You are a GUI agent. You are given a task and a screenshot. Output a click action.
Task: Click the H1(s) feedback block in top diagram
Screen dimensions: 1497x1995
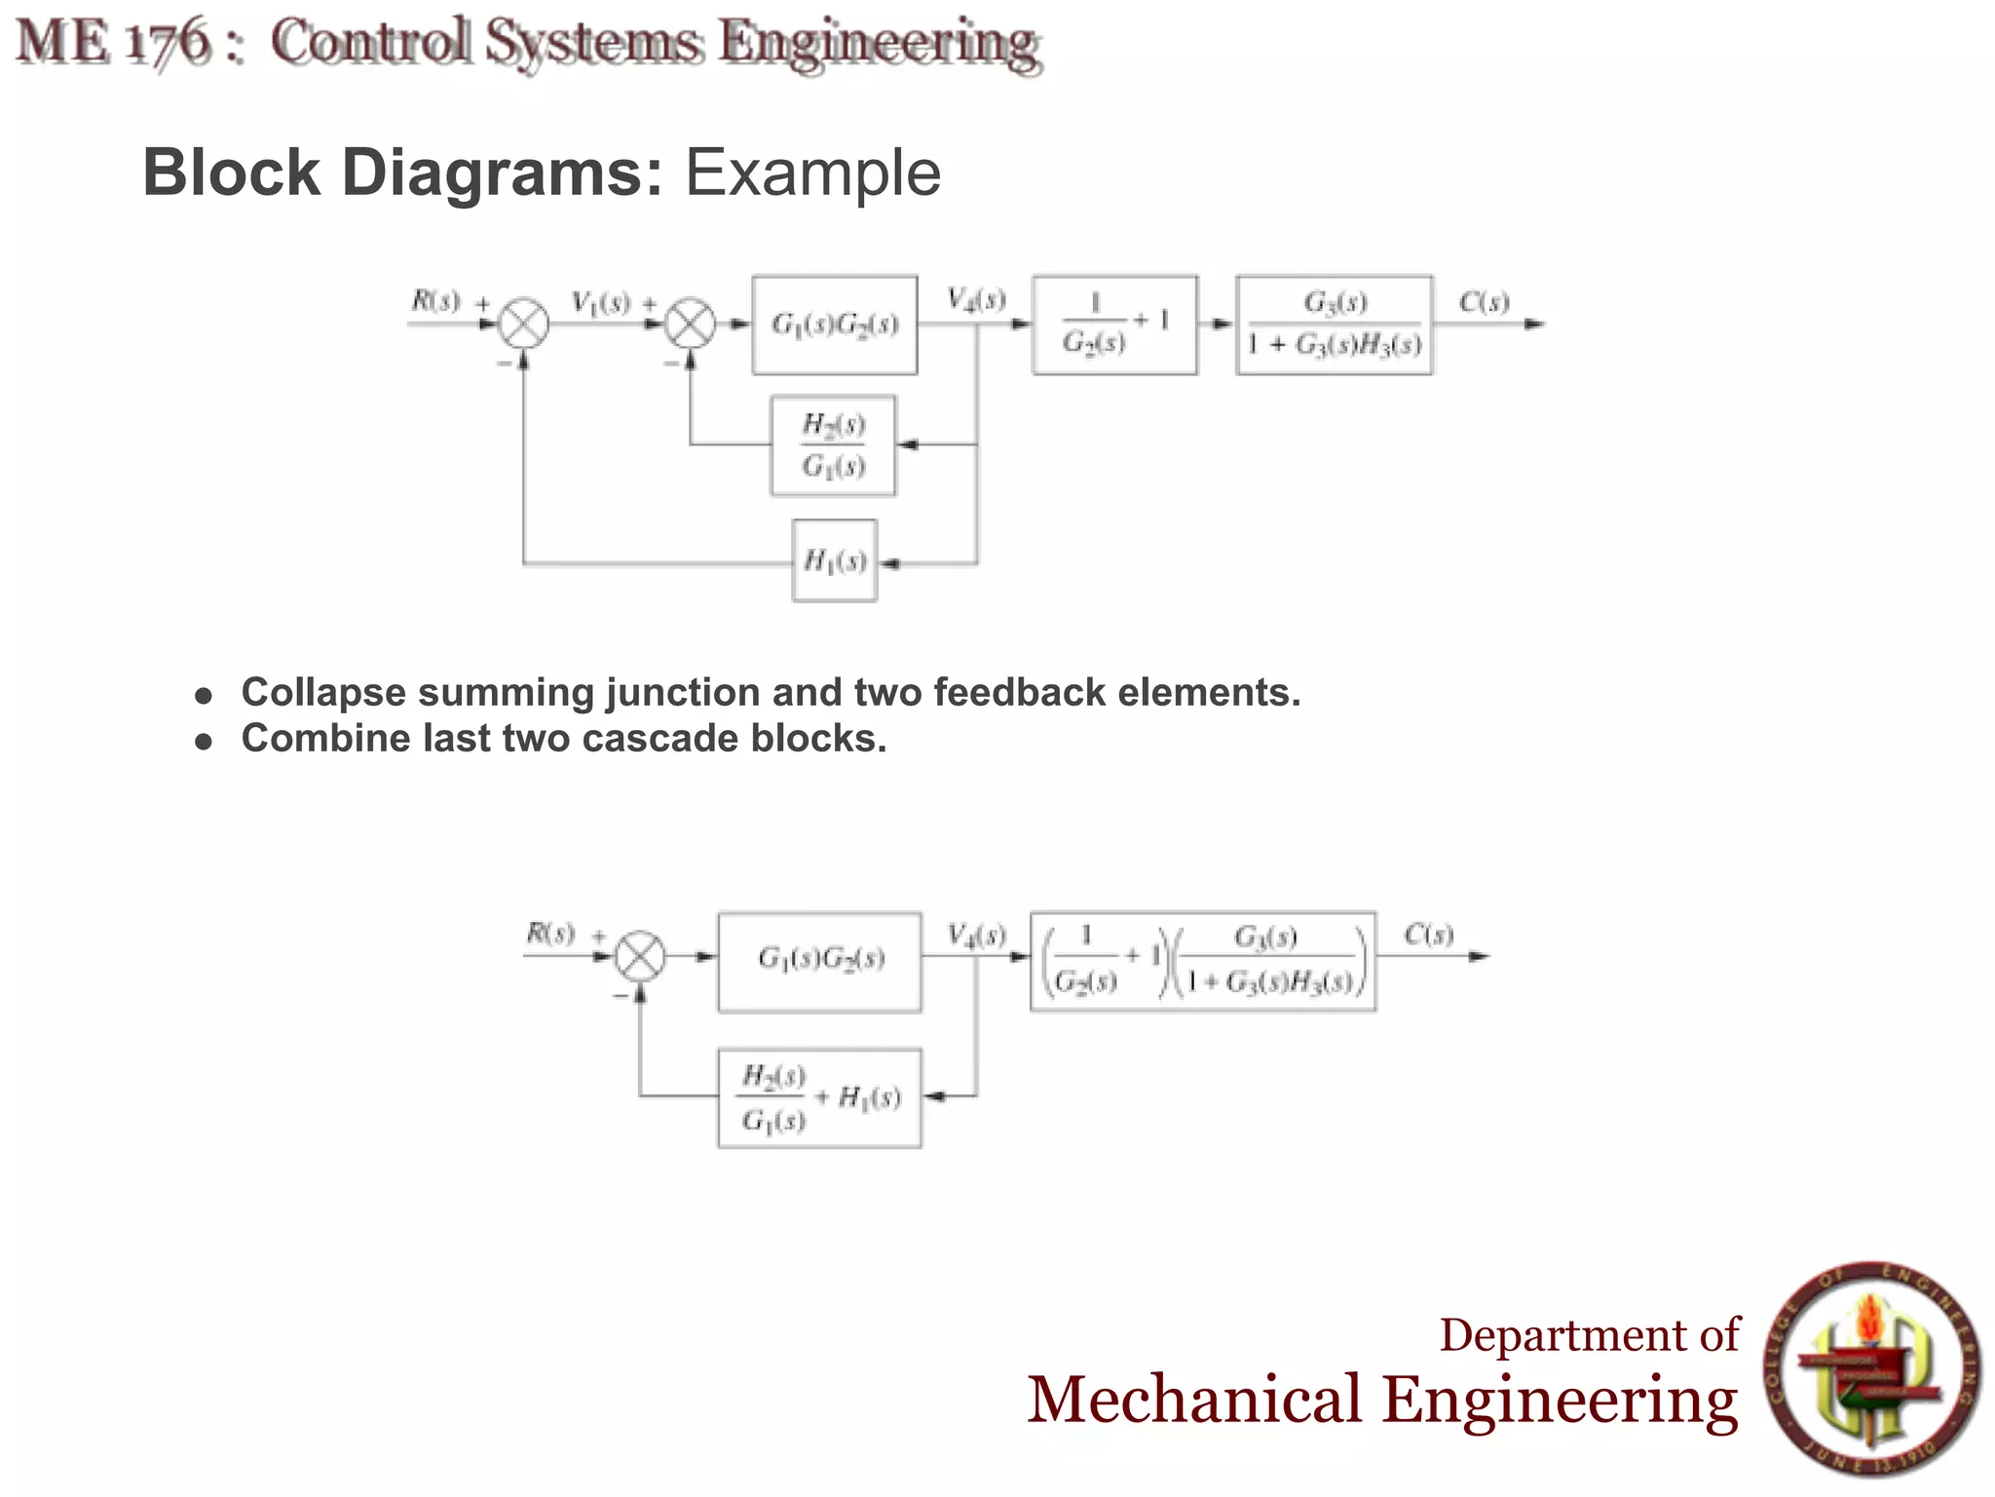tap(835, 561)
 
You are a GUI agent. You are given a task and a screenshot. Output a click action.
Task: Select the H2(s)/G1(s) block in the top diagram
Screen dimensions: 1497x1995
tap(833, 445)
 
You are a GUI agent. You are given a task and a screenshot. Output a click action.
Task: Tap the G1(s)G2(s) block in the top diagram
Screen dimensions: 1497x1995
tap(835, 325)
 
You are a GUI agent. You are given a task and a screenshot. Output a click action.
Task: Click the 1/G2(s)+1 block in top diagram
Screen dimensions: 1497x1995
tap(1114, 325)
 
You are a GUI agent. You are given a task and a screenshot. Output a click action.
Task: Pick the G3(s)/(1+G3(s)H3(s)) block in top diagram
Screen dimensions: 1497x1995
tap(1335, 325)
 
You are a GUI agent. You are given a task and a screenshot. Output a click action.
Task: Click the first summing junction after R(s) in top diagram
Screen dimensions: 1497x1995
tap(524, 325)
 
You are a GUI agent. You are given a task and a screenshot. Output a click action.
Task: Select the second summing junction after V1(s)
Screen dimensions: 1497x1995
tap(690, 325)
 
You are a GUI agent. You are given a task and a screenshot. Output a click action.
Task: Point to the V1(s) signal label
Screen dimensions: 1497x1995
tap(600, 303)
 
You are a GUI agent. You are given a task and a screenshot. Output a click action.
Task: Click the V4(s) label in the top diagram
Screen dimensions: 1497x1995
tap(976, 299)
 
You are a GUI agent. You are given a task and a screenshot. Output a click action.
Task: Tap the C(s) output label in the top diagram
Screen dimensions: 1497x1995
tap(1484, 302)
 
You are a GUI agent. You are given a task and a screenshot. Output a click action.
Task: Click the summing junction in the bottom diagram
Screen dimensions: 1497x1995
tap(640, 957)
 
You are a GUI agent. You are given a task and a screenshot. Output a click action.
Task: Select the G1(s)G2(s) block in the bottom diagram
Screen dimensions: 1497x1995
tap(819, 961)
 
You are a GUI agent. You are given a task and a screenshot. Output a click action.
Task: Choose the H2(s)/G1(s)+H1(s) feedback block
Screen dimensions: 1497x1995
tap(819, 1098)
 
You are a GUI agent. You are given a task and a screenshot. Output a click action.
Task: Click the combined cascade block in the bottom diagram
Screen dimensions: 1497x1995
tap(1203, 961)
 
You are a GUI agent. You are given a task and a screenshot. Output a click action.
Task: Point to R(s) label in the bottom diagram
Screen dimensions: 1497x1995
tap(550, 934)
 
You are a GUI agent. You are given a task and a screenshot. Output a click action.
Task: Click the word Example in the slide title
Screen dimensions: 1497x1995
tap(812, 173)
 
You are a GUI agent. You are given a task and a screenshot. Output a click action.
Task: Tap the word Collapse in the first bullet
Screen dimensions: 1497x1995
tap(323, 693)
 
